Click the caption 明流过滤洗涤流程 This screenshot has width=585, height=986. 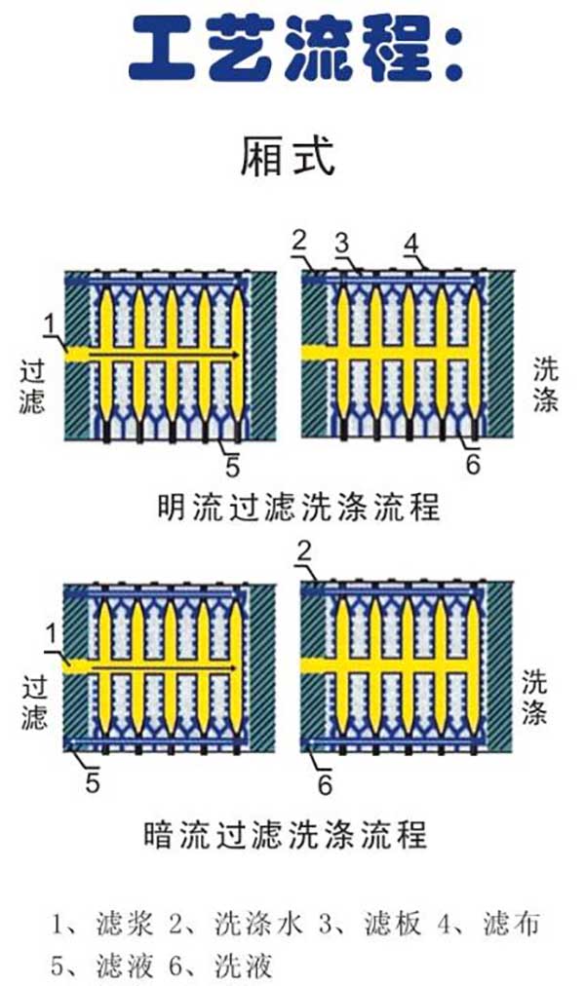click(298, 508)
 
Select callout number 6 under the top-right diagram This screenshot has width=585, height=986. click(473, 465)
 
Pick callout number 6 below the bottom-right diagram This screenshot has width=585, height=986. click(326, 783)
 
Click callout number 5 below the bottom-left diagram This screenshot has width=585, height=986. click(92, 783)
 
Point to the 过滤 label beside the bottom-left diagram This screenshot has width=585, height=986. click(32, 702)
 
